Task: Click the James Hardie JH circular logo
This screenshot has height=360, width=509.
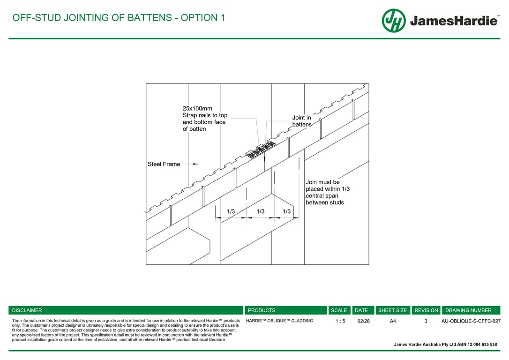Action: tap(393, 21)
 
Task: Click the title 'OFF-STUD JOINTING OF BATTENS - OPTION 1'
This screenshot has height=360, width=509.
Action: tap(119, 18)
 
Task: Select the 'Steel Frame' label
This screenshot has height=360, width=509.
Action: tap(164, 164)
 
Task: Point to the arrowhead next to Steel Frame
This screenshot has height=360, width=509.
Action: tap(195, 164)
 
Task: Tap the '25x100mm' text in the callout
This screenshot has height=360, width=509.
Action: tap(197, 108)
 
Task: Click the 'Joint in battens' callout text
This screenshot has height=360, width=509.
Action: tap(301, 121)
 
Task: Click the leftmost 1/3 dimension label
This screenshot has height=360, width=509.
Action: tap(231, 211)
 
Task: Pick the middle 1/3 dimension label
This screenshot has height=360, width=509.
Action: tap(261, 211)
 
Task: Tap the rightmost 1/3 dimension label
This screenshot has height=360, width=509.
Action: tap(286, 211)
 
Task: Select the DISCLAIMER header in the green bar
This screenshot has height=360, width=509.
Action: tap(27, 310)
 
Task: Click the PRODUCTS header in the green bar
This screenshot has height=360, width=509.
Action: tap(262, 310)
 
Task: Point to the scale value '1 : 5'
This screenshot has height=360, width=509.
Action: tap(340, 322)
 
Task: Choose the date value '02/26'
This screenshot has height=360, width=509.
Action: tap(363, 322)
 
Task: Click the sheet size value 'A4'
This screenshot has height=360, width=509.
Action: tap(393, 322)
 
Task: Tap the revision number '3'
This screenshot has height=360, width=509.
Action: tap(426, 322)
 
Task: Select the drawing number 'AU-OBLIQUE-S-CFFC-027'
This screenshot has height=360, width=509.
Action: tap(471, 322)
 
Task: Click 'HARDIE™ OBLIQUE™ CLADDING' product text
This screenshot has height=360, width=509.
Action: tap(279, 321)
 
